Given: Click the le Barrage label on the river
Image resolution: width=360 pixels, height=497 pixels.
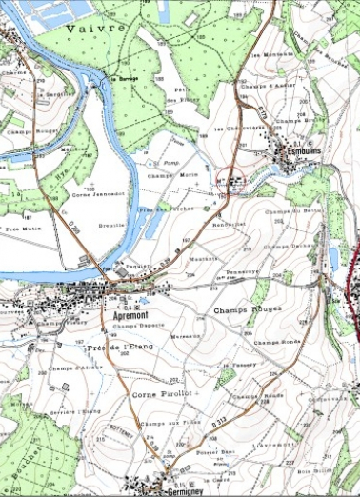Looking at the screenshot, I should click(x=124, y=78).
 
